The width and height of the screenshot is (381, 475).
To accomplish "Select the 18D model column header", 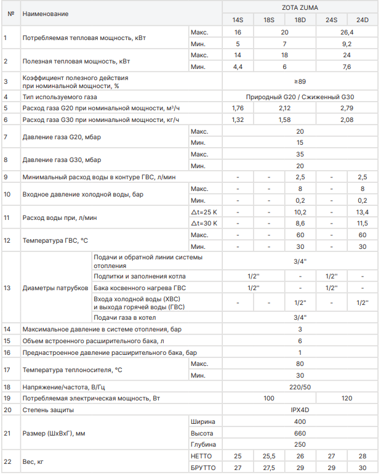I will (x=300, y=20).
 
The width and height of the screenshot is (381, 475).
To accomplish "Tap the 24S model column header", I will (x=331, y=20).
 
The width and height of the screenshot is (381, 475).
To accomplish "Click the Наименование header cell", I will (x=46, y=14).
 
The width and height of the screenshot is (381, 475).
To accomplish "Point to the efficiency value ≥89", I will (x=300, y=81).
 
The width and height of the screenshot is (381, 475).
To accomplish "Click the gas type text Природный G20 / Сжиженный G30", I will (x=300, y=97).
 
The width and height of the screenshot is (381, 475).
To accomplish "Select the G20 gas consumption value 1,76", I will (x=238, y=108).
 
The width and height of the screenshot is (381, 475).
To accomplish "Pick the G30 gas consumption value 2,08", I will (x=347, y=120).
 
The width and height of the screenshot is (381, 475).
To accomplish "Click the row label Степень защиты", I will (x=48, y=410).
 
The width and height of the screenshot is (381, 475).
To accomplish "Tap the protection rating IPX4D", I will (x=300, y=410).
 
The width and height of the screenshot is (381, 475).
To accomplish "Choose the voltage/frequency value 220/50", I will (x=300, y=387).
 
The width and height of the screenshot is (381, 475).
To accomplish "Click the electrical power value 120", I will (x=347, y=399).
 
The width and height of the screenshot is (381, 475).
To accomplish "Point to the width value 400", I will (x=300, y=421).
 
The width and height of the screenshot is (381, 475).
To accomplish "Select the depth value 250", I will (x=300, y=444).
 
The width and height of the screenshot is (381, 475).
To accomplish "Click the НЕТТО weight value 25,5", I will (x=269, y=456).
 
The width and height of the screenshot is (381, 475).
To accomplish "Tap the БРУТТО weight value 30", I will (x=362, y=468).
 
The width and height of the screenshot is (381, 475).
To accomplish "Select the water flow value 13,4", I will (x=362, y=212).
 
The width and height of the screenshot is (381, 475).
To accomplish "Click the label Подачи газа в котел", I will (x=124, y=317).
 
